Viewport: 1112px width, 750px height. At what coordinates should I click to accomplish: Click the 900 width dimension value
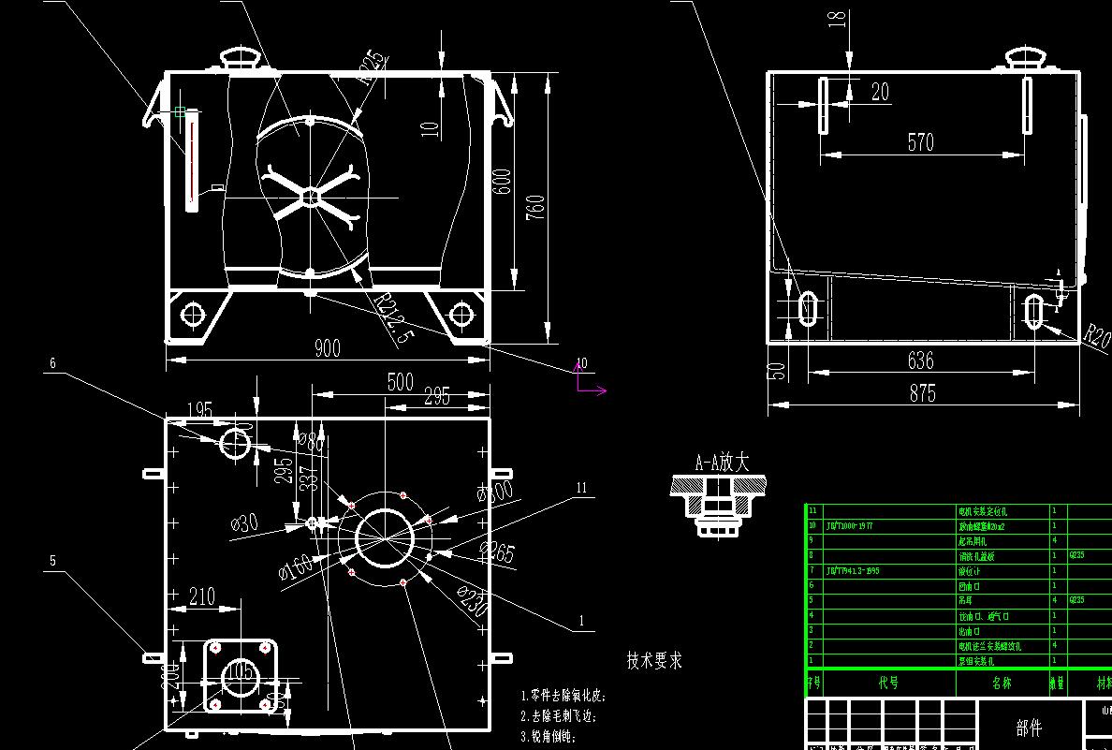(x=327, y=348)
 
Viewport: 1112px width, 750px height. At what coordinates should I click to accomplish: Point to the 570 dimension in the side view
(x=921, y=142)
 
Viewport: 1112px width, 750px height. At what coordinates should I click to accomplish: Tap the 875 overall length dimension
(x=922, y=393)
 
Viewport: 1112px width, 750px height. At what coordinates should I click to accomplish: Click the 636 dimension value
(x=921, y=360)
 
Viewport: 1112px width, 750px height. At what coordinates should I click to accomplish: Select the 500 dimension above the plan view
(x=400, y=382)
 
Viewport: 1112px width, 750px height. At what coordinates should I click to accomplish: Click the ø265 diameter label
(x=496, y=553)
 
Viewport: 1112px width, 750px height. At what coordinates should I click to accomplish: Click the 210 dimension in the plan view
(x=201, y=596)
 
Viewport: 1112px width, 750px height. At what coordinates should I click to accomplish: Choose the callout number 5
(x=53, y=561)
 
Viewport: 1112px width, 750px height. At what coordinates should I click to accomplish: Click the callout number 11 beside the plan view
(x=581, y=488)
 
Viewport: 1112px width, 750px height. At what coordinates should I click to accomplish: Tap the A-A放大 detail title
(x=722, y=463)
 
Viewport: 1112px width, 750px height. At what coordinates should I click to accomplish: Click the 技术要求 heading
(x=654, y=661)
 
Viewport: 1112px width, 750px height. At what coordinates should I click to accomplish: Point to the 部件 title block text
(x=1029, y=728)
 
